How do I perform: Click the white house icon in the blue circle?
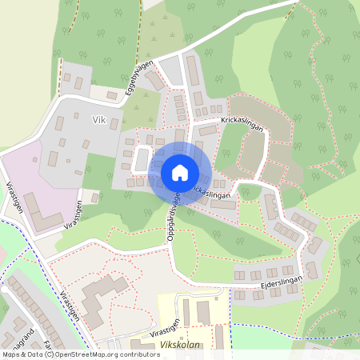(179, 172)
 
